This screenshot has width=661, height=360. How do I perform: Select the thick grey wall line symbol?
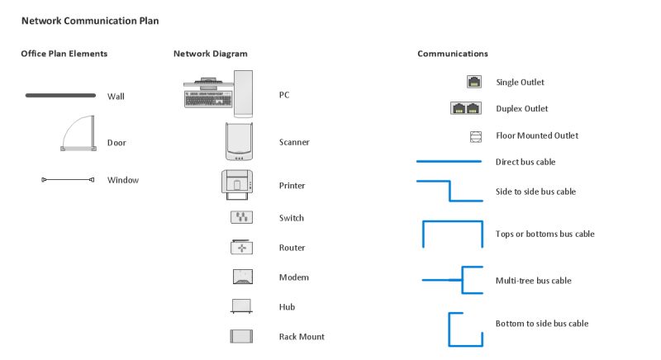point(60,96)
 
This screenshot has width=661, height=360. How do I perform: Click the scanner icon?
point(238,141)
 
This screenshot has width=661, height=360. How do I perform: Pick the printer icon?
point(240,184)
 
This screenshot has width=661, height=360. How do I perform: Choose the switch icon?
point(241,218)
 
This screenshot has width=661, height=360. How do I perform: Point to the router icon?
point(241,248)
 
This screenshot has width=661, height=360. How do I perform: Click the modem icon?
point(241,277)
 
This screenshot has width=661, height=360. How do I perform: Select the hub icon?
point(241,306)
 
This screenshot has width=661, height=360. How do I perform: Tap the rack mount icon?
point(241,336)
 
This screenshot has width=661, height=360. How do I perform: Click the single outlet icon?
point(474,82)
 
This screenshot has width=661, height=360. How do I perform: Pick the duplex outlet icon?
point(466,108)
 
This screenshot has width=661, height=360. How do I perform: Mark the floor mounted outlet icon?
point(475,135)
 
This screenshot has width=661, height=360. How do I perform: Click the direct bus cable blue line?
point(448,162)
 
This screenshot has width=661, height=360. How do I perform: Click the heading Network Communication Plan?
point(90,20)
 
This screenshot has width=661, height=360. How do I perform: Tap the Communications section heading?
point(452,54)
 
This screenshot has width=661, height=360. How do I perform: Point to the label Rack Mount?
point(302,337)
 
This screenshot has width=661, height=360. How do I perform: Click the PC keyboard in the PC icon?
point(206,98)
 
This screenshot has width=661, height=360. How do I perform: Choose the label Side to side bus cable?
point(535,192)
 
